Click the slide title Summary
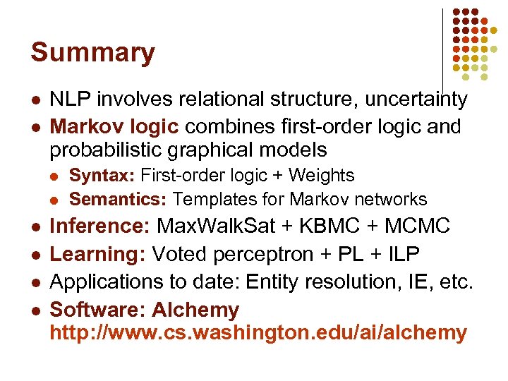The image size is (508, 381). [92, 53]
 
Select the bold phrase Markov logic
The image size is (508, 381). [114, 127]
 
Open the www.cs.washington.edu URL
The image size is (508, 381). [258, 332]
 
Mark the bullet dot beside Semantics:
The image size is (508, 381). [56, 200]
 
